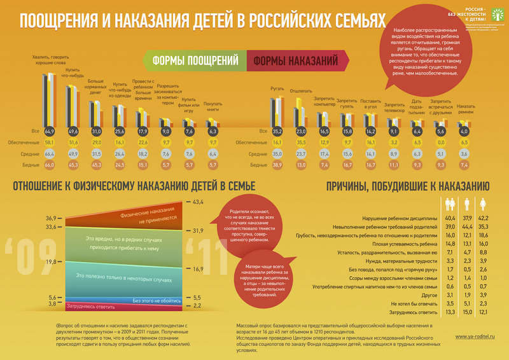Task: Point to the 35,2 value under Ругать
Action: [x=277, y=131]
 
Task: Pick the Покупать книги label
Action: [x=213, y=106]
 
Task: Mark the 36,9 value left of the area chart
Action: [x=51, y=218]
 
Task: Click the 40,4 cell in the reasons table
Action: [x=450, y=218]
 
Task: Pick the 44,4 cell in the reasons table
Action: [x=468, y=226]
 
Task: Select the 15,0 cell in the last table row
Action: [x=468, y=312]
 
